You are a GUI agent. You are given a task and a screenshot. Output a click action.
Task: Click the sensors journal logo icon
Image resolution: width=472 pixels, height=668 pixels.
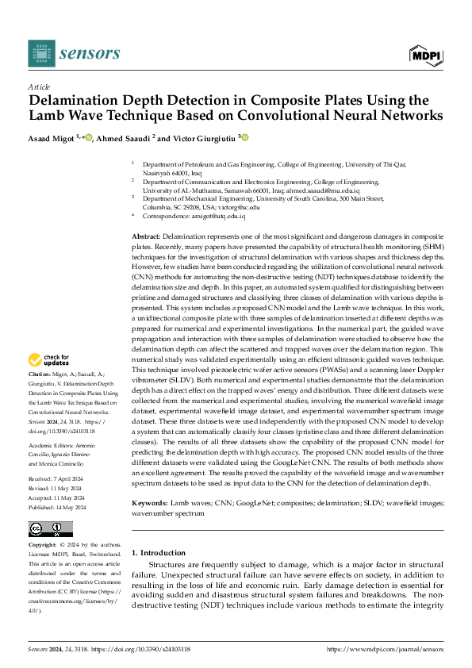click(x=41, y=53)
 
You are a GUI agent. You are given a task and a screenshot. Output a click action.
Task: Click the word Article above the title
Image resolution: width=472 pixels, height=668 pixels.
click(x=39, y=86)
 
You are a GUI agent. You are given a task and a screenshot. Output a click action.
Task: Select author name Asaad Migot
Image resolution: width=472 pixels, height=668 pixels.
click(x=55, y=137)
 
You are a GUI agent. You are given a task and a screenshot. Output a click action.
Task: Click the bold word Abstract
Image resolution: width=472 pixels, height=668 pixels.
click(x=145, y=237)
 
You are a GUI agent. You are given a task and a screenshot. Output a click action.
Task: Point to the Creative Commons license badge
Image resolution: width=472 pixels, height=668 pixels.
click(x=50, y=529)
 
